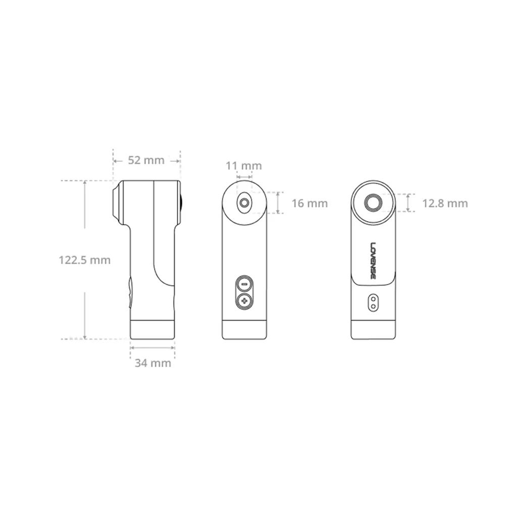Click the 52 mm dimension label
pos(146,160)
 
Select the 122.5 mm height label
pos(85,260)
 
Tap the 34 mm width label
pos(153,363)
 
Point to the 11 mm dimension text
pos(244,166)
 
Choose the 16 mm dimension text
pos(310,203)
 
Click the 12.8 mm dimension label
pos(445,203)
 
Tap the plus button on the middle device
pos(244,301)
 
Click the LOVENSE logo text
pos(373,261)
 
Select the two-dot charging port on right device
pos(373,302)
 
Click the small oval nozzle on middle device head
pos(244,203)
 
